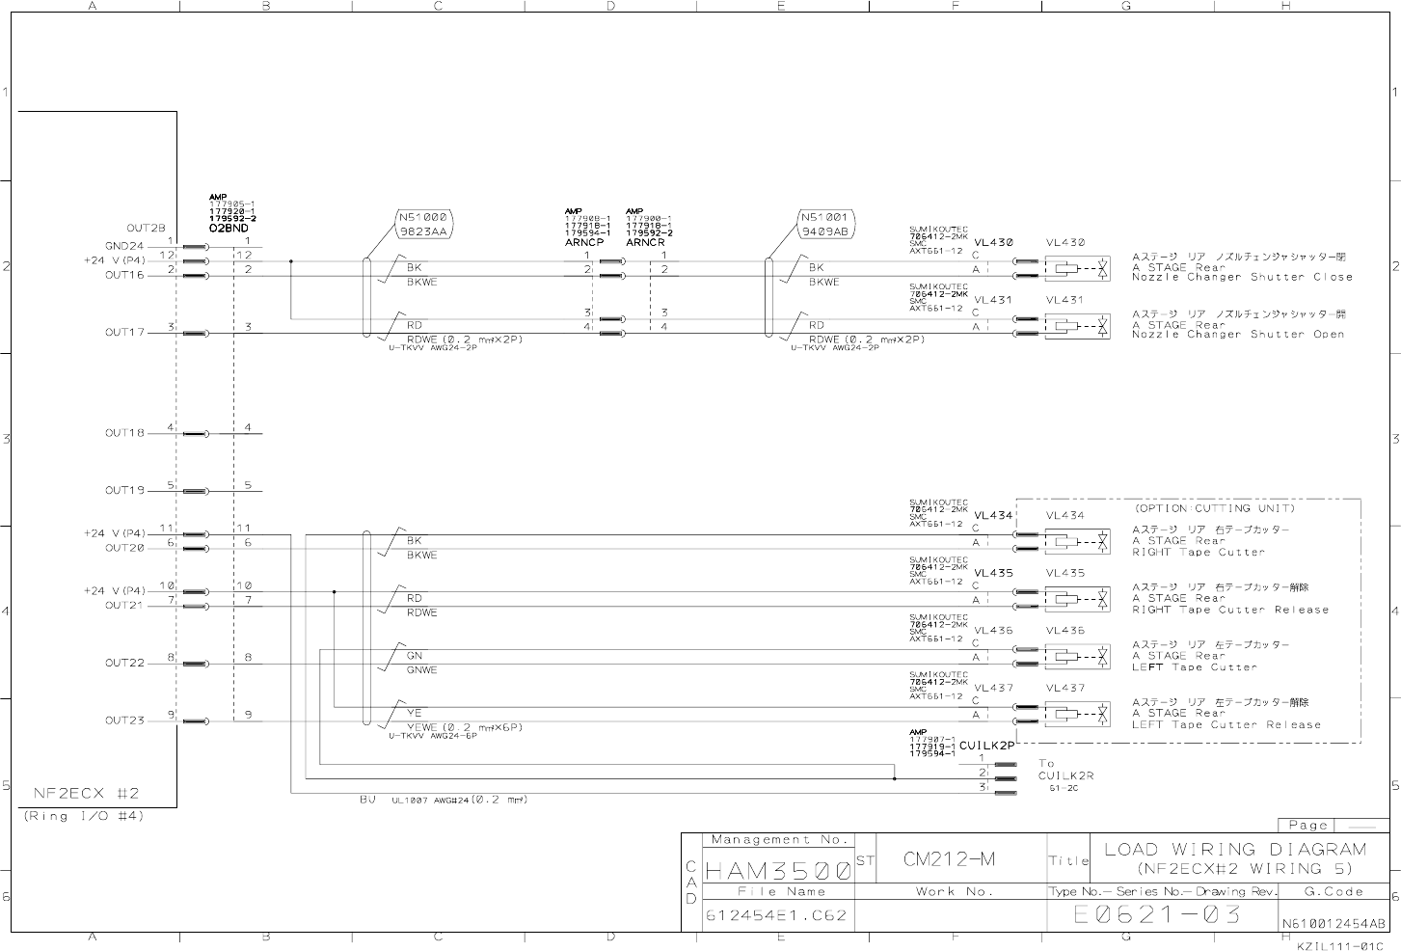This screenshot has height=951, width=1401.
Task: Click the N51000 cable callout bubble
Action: coord(423,225)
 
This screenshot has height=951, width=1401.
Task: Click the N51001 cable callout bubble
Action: coord(825,225)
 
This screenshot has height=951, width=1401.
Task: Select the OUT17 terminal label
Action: coord(124,333)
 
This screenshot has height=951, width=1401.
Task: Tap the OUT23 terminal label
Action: coord(124,720)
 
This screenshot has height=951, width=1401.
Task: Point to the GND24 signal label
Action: coord(124,246)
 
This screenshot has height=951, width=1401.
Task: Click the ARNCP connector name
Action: coord(583,243)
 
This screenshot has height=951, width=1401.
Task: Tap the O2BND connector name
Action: coord(229,229)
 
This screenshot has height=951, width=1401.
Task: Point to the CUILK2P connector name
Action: coord(986,746)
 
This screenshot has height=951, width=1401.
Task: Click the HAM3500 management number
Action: coord(777,871)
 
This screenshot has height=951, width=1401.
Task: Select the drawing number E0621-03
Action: coord(1156,914)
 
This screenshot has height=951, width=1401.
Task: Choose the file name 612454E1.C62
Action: coord(776,915)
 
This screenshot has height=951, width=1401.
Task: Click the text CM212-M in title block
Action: coord(949,859)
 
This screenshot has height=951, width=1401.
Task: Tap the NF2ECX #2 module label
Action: coord(87,794)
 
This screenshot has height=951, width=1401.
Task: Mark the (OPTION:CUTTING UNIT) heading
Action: coord(1215,508)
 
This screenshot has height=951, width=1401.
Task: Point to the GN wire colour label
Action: coord(415,656)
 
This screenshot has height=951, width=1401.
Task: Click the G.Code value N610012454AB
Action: coord(1334,923)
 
